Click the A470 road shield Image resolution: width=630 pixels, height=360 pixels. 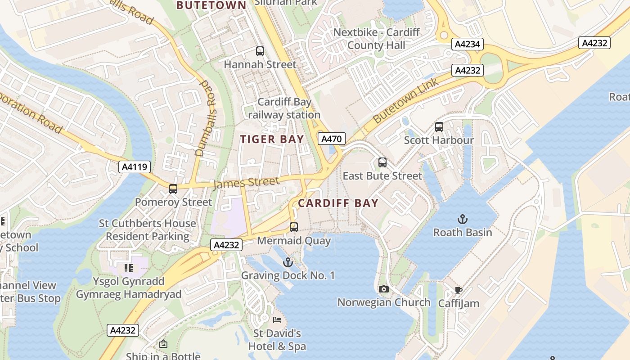(332, 139)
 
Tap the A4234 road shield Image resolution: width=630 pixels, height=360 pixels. (468, 44)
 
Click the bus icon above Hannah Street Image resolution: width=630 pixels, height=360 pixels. (260, 51)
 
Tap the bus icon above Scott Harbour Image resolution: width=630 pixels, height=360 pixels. (439, 127)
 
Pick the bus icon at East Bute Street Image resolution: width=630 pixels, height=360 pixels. (382, 162)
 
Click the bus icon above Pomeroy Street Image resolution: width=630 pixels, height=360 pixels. (173, 189)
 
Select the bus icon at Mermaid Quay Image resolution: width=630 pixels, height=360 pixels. (294, 227)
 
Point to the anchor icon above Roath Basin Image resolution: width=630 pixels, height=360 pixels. (463, 219)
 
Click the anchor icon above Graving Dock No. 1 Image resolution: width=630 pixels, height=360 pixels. (288, 262)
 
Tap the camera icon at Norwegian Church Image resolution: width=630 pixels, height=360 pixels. (384, 289)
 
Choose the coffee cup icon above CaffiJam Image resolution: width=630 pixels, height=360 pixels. (459, 290)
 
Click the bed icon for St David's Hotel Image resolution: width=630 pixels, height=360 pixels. (277, 320)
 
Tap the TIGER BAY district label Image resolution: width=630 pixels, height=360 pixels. (272, 139)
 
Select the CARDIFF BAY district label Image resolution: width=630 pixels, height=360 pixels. (338, 203)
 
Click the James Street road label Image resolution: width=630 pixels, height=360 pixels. (246, 183)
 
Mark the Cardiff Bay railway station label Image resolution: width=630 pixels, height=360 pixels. (284, 108)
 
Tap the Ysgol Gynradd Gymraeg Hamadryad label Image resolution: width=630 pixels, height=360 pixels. (128, 288)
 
